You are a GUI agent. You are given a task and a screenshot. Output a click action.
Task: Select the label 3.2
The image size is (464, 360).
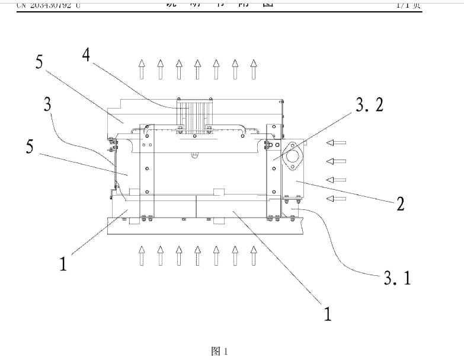click(370, 105)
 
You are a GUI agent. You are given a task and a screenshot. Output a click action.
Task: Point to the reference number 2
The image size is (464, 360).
click(401, 205)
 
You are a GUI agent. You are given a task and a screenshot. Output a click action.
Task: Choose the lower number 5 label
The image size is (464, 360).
click(30, 147)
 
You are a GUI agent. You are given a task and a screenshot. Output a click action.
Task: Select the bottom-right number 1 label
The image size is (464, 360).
click(327, 313)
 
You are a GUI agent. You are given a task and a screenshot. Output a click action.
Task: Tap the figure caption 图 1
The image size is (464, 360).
click(219, 351)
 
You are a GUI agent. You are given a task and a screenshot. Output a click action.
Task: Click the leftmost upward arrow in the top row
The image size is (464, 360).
click(141, 69)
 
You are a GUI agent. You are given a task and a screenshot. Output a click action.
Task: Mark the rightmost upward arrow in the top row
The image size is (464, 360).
click(254, 69)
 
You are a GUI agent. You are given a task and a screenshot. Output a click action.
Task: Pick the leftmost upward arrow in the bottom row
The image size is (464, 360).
click(141, 256)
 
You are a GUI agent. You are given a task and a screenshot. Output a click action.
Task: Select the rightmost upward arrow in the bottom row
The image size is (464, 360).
click(254, 256)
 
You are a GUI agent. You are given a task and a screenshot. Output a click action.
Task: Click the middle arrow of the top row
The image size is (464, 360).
click(197, 69)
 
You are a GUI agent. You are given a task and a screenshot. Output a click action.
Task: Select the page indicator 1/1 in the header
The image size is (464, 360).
click(408, 5)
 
